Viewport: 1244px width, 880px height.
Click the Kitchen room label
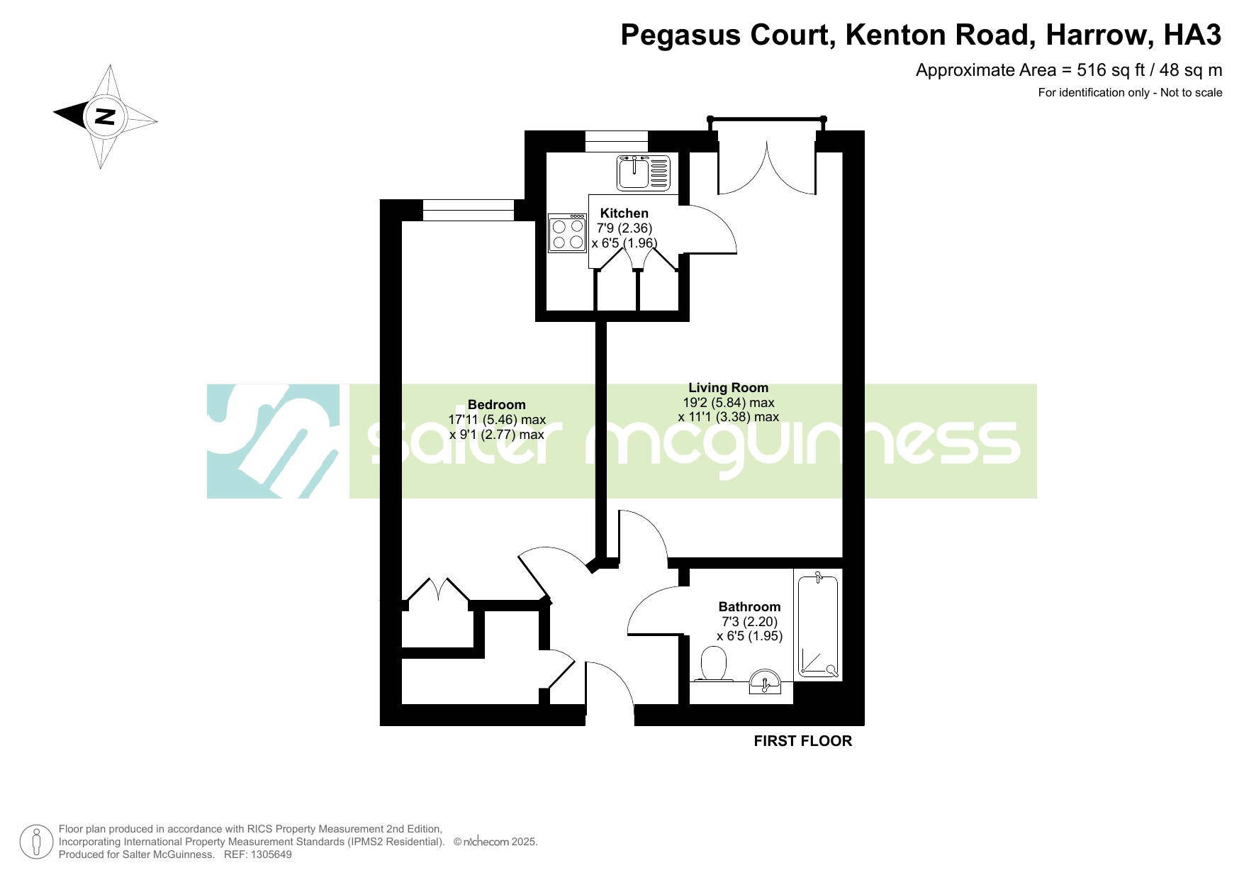pyautogui.click(x=624, y=213)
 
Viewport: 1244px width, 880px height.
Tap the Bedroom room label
pyautogui.click(x=497, y=404)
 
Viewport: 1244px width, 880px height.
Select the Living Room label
pyautogui.click(x=728, y=387)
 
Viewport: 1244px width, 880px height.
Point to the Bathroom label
pyautogui.click(x=749, y=606)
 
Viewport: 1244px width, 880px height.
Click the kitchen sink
pyautogui.click(x=644, y=172)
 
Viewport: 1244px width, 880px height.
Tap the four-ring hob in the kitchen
pyautogui.click(x=567, y=233)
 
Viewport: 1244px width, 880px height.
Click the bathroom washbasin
pyautogui.click(x=765, y=681)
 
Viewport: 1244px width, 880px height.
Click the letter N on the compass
pyautogui.click(x=106, y=116)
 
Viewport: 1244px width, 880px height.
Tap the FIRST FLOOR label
pyautogui.click(x=802, y=741)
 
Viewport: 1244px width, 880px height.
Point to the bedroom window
pyautogui.click(x=469, y=211)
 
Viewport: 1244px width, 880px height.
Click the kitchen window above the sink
pyautogui.click(x=617, y=141)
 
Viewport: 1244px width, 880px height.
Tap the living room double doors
pyautogui.click(x=767, y=168)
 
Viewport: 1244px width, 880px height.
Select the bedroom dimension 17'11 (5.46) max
pyautogui.click(x=497, y=419)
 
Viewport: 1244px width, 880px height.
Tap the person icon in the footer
pyautogui.click(x=37, y=842)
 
